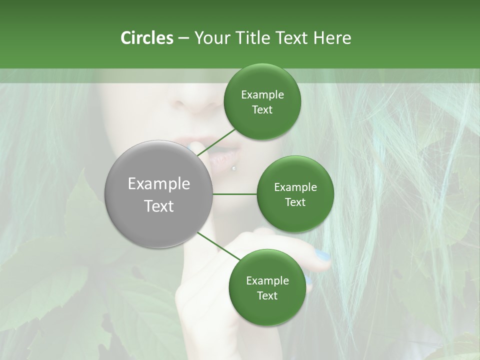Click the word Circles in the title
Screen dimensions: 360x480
pyautogui.click(x=146, y=38)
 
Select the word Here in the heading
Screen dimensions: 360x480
pyautogui.click(x=332, y=38)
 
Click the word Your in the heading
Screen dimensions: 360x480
pyautogui.click(x=213, y=38)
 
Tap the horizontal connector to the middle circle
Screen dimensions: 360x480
pyautogui.click(x=234, y=194)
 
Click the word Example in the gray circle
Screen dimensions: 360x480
pyautogui.click(x=159, y=184)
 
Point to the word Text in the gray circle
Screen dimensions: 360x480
pyautogui.click(x=159, y=206)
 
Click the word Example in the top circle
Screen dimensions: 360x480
pyautogui.click(x=262, y=95)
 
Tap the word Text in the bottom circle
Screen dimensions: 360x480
pyautogui.click(x=267, y=295)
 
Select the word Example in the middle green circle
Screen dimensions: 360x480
pyautogui.click(x=295, y=187)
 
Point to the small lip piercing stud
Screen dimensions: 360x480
pyautogui.click(x=233, y=168)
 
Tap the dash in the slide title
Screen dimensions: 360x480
pyautogui.click(x=183, y=38)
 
